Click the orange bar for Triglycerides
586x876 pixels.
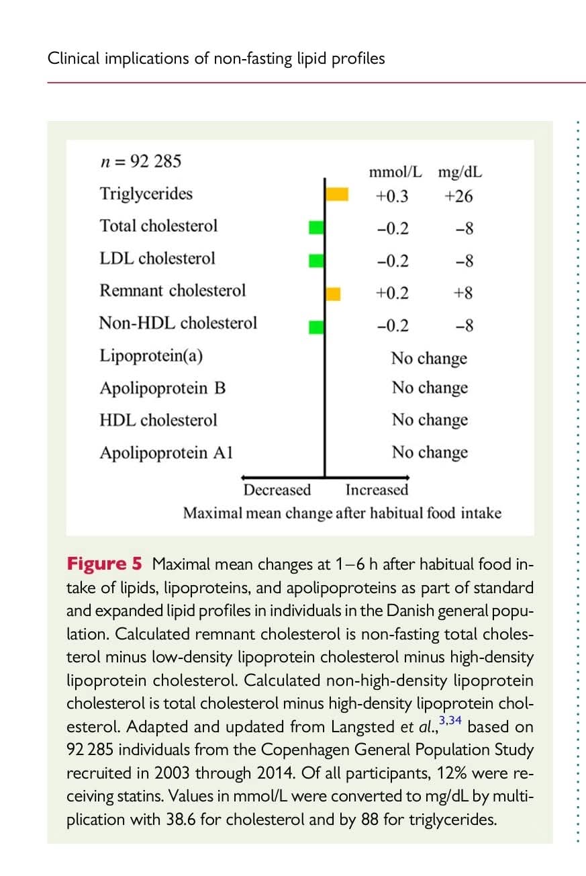tap(337, 194)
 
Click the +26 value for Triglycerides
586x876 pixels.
tap(458, 196)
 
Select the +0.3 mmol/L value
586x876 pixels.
tap(392, 196)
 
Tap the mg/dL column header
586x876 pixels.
tap(460, 172)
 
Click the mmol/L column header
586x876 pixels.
tap(396, 172)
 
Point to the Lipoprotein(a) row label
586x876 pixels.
tap(151, 355)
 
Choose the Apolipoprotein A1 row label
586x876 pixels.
tap(166, 452)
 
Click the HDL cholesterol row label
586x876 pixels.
tap(158, 420)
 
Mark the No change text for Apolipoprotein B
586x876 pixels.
tap(430, 388)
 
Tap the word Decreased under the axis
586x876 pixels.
tap(277, 490)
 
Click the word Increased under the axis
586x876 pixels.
tap(377, 490)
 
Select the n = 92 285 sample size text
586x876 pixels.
tap(140, 162)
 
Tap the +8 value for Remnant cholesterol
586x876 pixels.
tap(463, 293)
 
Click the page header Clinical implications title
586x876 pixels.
tap(216, 58)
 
